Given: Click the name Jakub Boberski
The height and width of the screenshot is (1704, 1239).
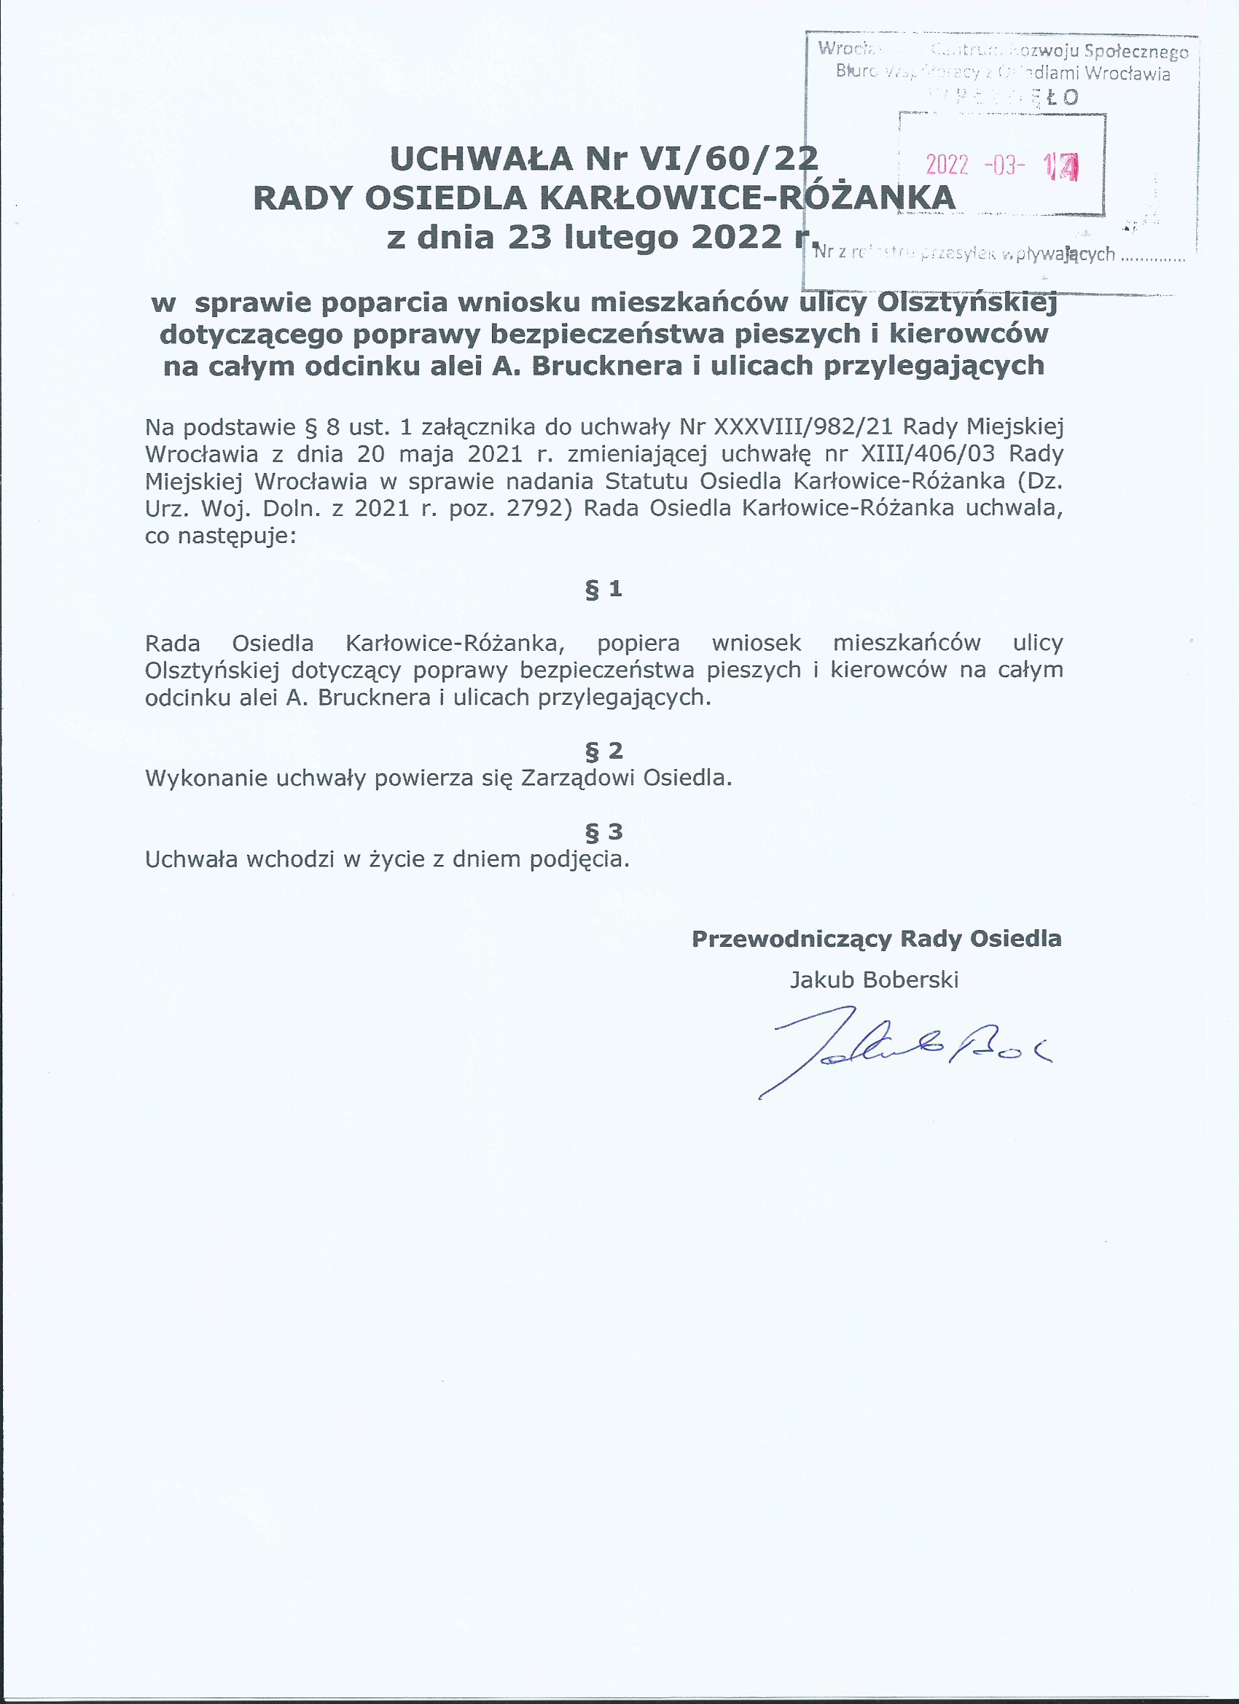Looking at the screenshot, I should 874,980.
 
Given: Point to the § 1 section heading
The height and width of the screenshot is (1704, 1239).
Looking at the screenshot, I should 603,589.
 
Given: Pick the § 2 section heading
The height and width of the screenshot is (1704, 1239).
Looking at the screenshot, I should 603,751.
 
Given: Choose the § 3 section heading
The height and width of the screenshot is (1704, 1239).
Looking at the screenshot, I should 603,832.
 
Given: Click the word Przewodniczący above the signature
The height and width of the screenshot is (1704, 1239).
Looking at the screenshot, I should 792,939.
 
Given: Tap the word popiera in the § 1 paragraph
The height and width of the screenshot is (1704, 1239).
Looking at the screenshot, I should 638,644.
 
